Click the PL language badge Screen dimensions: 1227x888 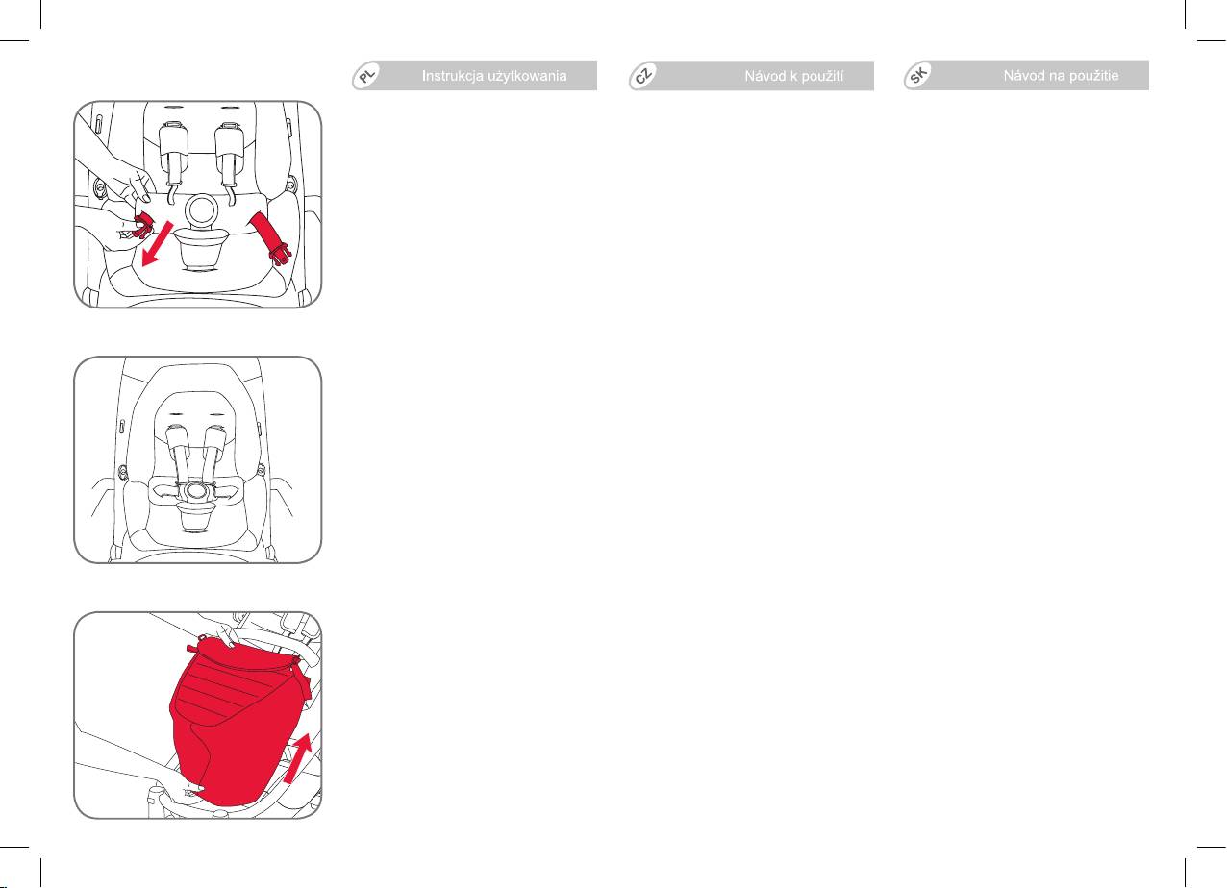tap(367, 76)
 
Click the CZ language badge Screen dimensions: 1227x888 tap(643, 76)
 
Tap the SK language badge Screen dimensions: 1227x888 tap(918, 76)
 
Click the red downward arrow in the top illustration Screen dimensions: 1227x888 tap(157, 244)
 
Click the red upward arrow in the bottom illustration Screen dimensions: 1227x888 tap(298, 759)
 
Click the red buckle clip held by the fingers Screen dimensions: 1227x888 tap(142, 226)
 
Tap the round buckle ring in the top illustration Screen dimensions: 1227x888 tap(201, 210)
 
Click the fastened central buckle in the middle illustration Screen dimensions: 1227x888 tap(195, 491)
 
